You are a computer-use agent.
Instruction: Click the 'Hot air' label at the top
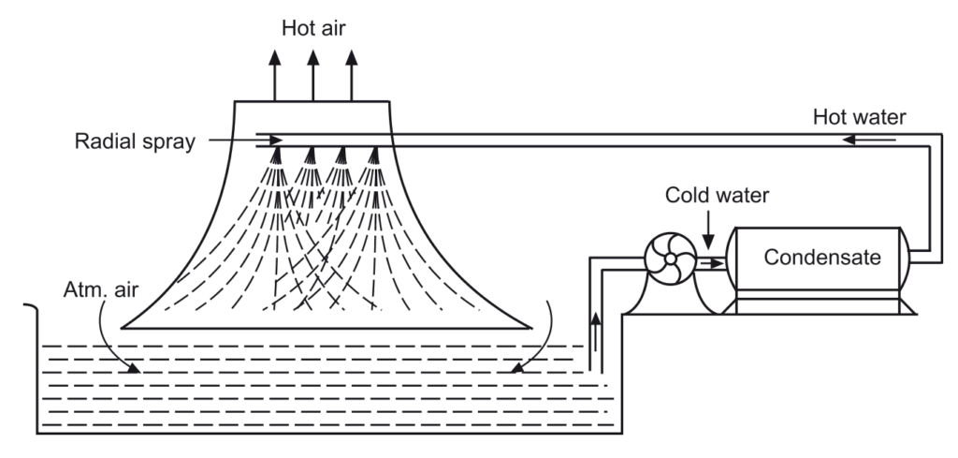(x=313, y=24)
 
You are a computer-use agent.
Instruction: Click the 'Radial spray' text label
(x=136, y=142)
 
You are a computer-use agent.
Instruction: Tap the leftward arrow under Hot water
(x=870, y=141)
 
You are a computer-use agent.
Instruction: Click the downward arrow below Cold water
(x=712, y=229)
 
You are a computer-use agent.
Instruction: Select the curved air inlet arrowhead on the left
(x=134, y=368)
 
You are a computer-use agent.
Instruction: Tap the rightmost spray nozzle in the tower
(x=376, y=154)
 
